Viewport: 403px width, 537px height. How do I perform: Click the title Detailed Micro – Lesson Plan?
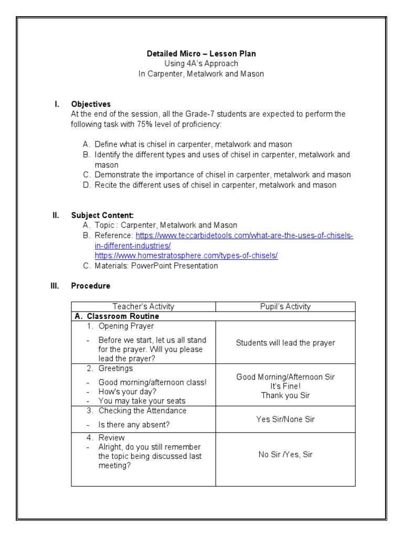tap(201, 54)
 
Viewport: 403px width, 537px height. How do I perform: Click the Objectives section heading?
tap(91, 104)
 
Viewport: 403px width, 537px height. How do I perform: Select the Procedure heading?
tap(91, 286)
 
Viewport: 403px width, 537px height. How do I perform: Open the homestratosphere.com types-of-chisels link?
tap(186, 255)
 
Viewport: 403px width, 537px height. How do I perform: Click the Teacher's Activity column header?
tap(143, 306)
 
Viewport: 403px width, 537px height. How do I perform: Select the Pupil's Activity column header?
tap(285, 306)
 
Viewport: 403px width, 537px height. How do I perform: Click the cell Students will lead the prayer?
tap(285, 343)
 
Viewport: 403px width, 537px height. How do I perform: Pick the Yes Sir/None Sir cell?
tap(285, 419)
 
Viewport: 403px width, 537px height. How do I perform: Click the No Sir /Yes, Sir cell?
tap(285, 454)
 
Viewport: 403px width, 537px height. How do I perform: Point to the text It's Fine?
tap(285, 386)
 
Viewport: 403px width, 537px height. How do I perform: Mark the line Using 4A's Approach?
tap(201, 64)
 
